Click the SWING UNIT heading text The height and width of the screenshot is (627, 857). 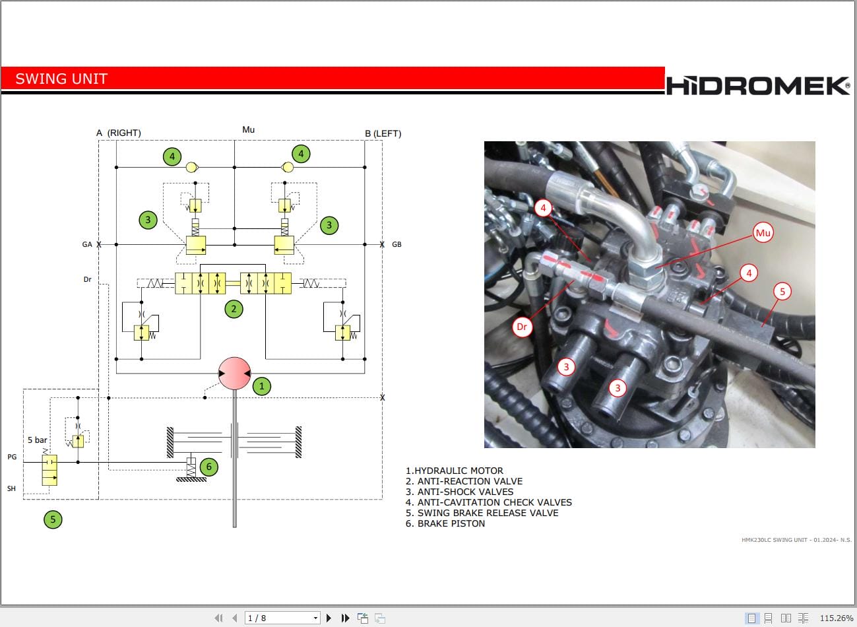tap(61, 79)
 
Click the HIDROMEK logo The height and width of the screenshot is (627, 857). tap(757, 86)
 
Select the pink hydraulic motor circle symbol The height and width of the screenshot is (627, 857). tap(234, 374)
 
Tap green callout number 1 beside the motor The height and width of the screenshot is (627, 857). tap(261, 386)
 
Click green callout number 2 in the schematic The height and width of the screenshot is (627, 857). tap(234, 308)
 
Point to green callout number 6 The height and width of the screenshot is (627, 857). tap(209, 467)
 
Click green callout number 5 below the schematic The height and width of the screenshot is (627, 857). tap(53, 519)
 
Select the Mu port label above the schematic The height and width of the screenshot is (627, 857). tap(248, 129)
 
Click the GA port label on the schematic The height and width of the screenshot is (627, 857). tap(87, 244)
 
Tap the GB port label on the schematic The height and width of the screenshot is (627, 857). tap(397, 244)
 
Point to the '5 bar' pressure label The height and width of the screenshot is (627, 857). tap(38, 440)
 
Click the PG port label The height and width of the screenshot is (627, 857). tap(12, 457)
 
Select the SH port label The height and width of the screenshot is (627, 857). tap(11, 488)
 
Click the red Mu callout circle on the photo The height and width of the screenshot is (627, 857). tap(763, 233)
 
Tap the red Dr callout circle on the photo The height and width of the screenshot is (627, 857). tap(522, 327)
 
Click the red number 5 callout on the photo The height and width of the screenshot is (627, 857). tap(782, 291)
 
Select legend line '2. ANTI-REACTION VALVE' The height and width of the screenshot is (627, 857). tap(464, 481)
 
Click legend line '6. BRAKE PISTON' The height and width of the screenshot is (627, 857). tap(445, 523)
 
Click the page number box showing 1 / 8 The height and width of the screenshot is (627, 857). tap(282, 618)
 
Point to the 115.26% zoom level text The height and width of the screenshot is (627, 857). tap(836, 618)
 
